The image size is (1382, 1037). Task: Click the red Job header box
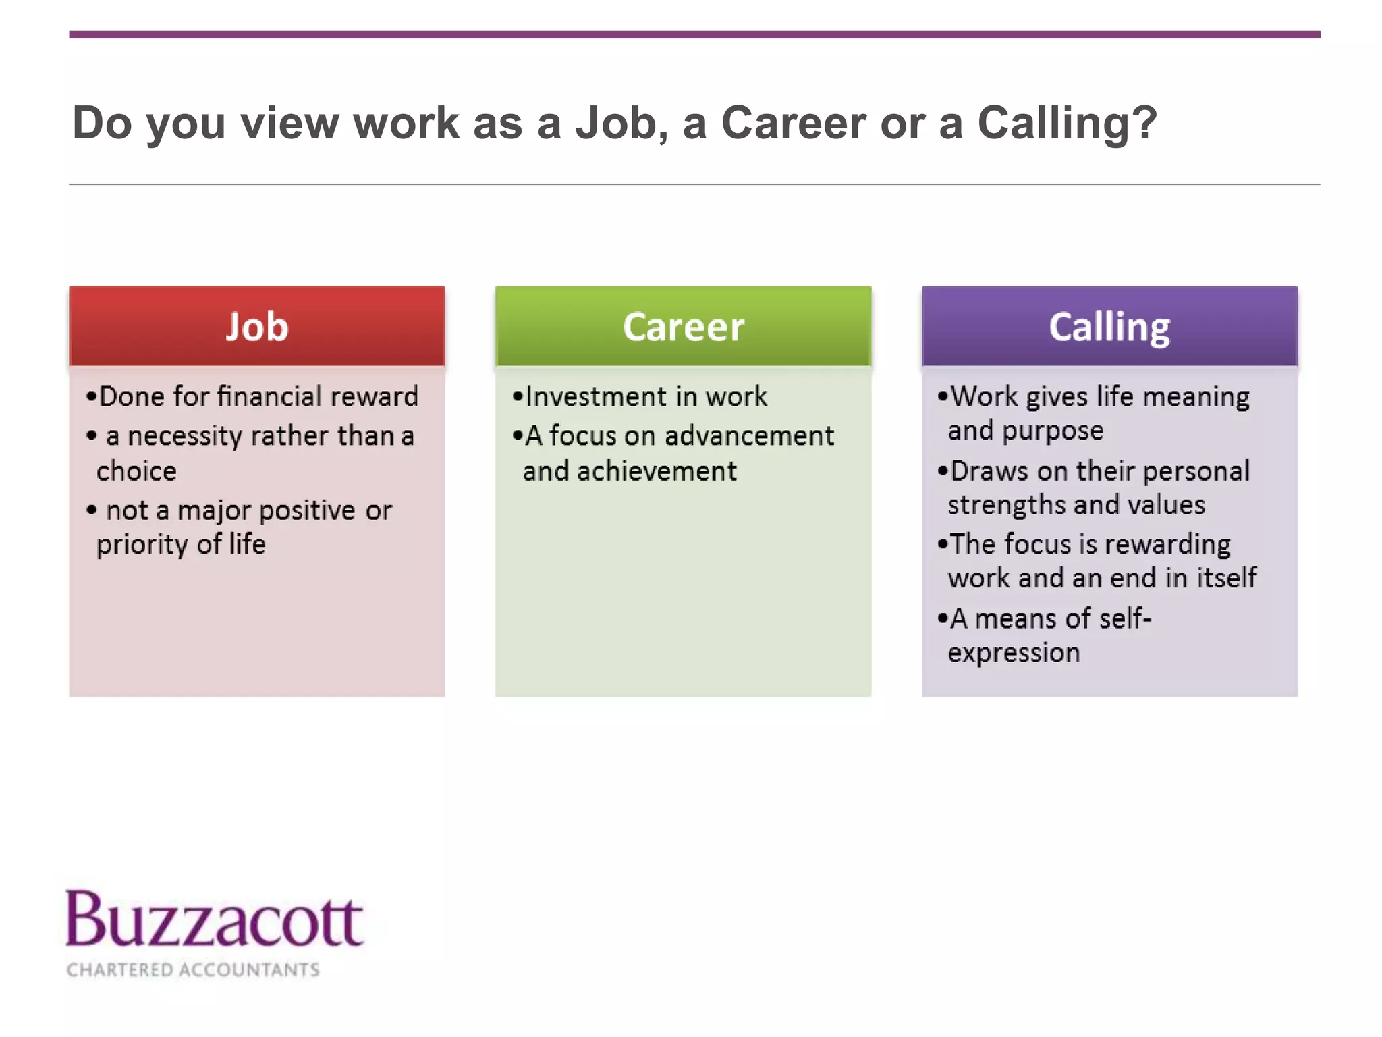[256, 326]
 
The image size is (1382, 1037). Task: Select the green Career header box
[683, 326]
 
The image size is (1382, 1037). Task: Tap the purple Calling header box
[1109, 326]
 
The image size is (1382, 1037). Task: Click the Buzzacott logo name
[215, 920]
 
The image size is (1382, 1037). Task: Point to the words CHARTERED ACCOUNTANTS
[193, 969]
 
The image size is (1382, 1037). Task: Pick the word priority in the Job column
[142, 544]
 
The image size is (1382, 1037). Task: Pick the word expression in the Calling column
[1014, 653]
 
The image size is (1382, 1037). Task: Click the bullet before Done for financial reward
[92, 396]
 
